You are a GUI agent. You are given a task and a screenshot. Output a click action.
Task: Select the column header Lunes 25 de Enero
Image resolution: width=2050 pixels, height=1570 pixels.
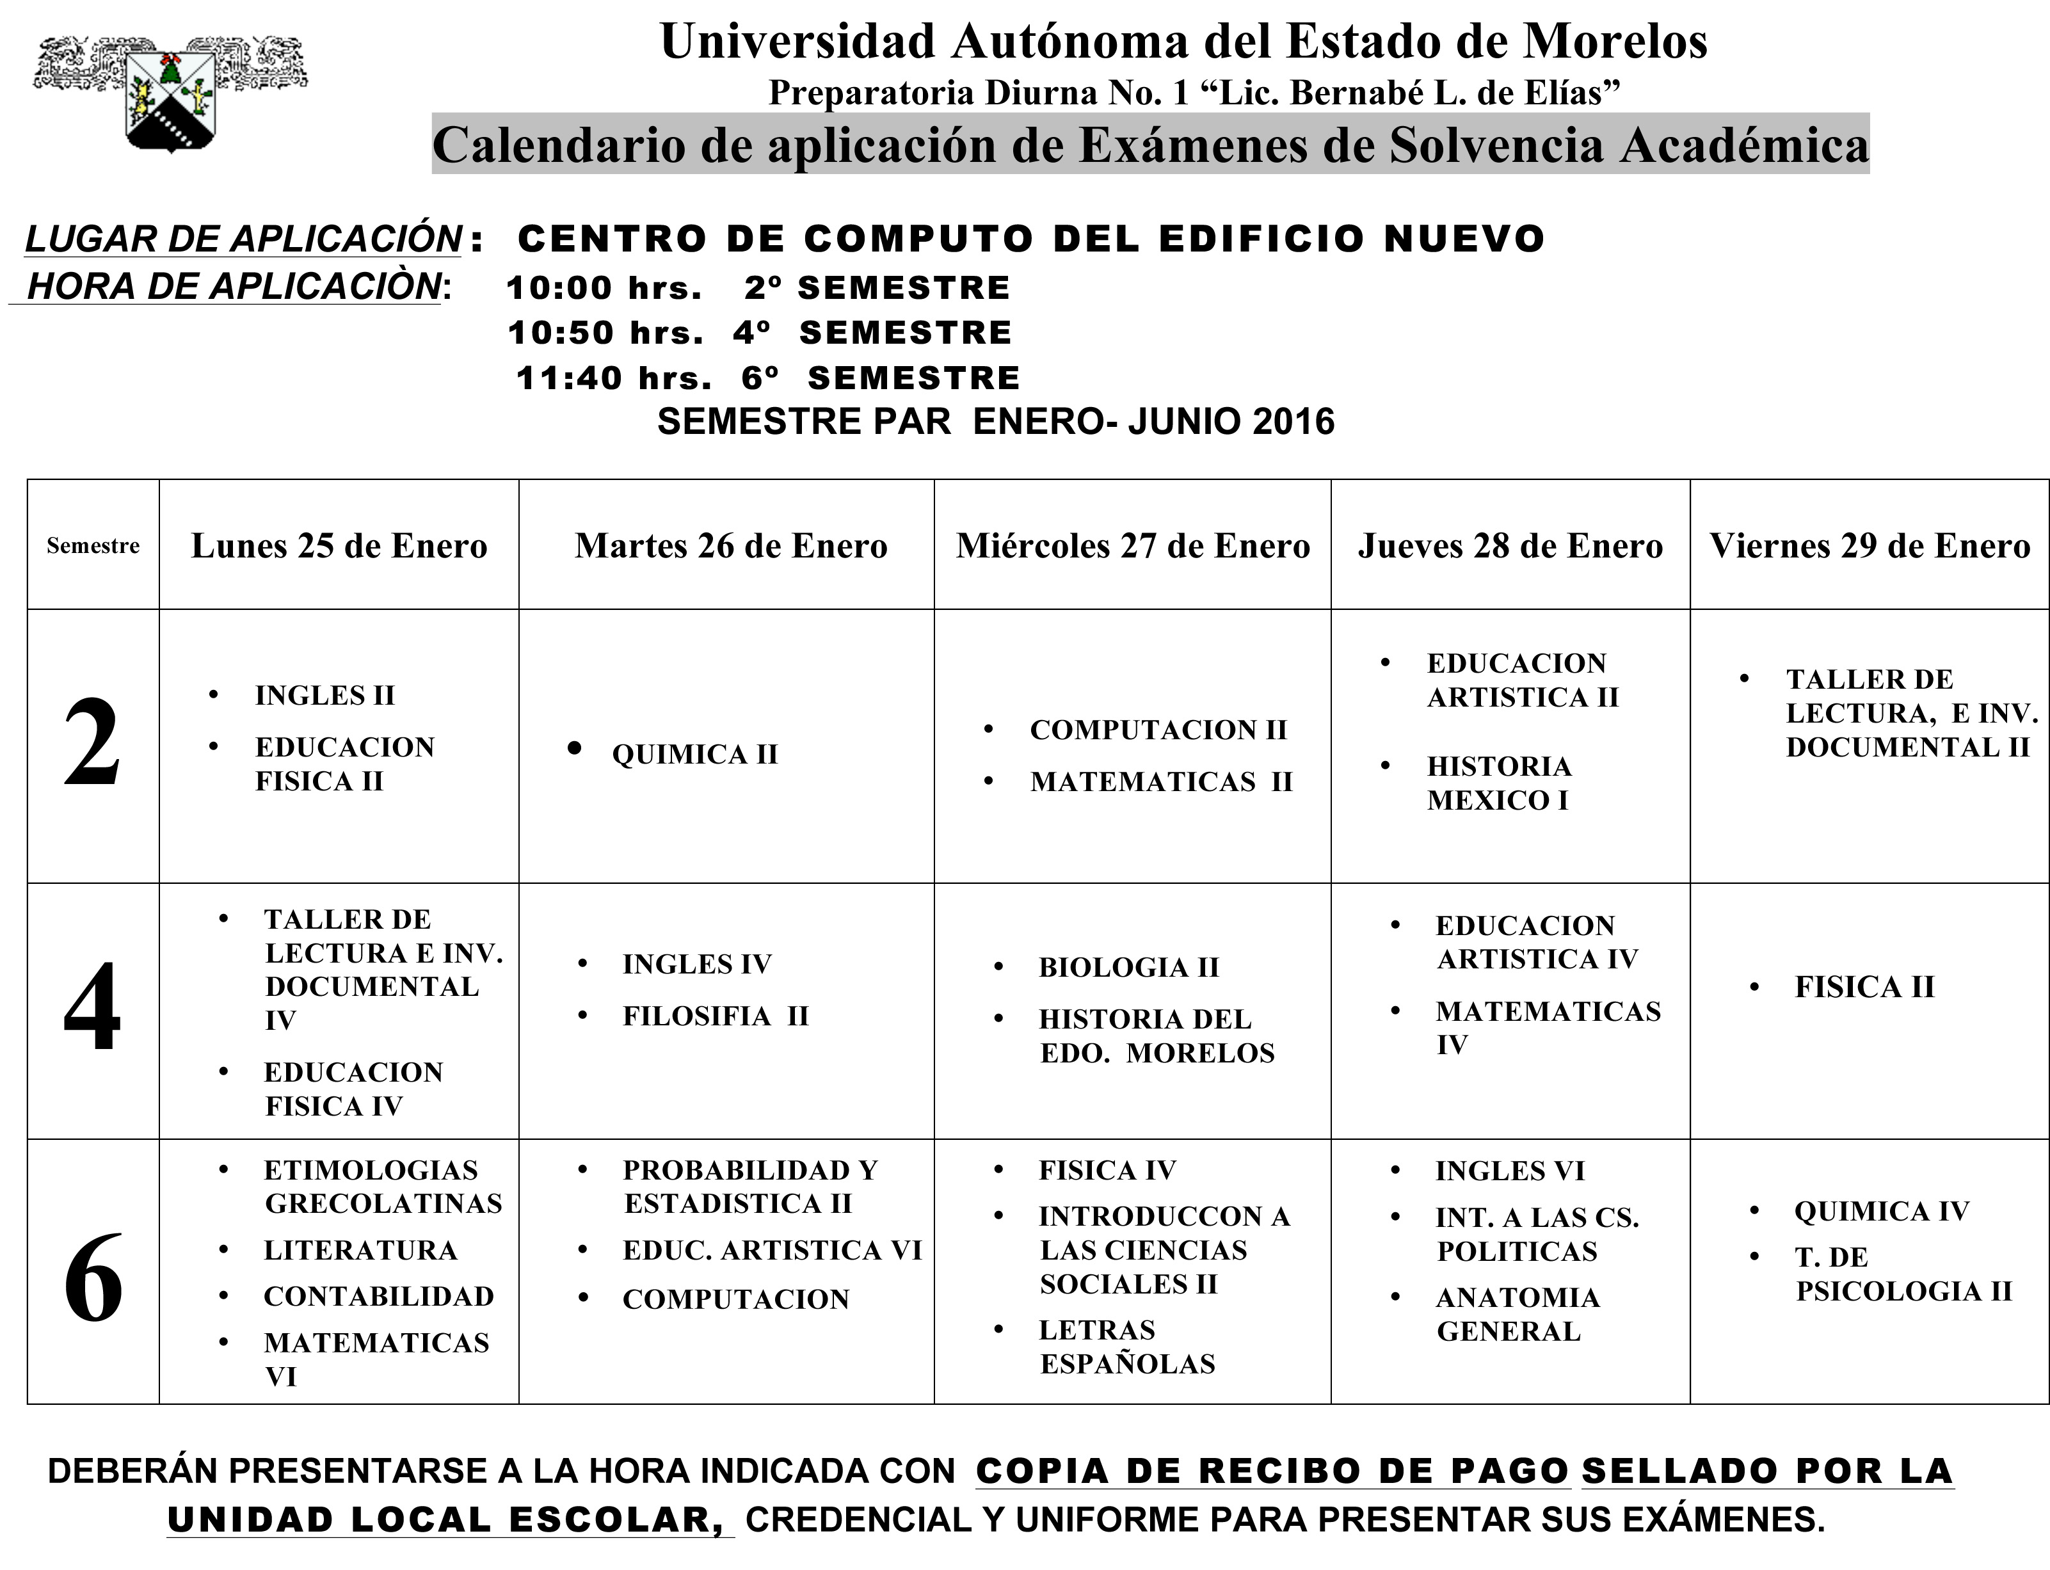[x=339, y=547]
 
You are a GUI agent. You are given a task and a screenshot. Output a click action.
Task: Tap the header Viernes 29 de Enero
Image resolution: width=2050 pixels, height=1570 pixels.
[x=1870, y=547]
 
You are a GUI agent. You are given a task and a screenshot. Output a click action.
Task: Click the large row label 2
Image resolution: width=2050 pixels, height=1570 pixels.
[x=93, y=745]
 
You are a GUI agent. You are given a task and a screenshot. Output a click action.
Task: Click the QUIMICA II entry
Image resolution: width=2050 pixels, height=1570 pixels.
[x=694, y=754]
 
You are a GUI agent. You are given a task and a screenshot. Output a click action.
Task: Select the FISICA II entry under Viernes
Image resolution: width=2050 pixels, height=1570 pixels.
[x=1864, y=987]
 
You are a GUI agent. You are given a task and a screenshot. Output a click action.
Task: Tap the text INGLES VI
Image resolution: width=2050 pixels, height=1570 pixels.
[x=1510, y=1171]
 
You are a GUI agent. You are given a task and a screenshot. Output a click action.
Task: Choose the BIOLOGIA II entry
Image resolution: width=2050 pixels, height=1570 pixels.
[x=1129, y=967]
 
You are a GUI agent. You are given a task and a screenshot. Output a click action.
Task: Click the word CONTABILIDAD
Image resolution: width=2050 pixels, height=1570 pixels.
[x=378, y=1296]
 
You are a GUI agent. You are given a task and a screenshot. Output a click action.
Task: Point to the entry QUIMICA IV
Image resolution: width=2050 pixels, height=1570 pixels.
[x=1882, y=1211]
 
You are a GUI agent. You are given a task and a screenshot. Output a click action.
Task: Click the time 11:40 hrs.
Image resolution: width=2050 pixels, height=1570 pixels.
[x=614, y=378]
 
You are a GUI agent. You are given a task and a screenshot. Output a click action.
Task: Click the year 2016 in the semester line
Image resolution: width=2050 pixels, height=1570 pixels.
[x=1293, y=422]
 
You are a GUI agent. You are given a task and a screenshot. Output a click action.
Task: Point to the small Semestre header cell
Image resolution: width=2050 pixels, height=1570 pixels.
[x=93, y=546]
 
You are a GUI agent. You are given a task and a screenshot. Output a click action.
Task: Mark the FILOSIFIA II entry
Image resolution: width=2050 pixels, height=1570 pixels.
[x=716, y=1016]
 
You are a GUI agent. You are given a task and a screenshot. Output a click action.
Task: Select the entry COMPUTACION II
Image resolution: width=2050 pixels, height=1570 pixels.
[x=1158, y=730]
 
